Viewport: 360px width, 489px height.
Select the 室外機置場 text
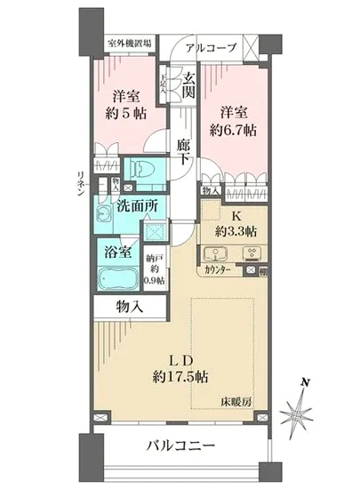[x=128, y=43]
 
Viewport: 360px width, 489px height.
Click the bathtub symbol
[x=117, y=286]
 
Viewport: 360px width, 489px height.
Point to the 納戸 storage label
[x=155, y=260]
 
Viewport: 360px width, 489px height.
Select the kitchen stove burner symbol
[x=223, y=253]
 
